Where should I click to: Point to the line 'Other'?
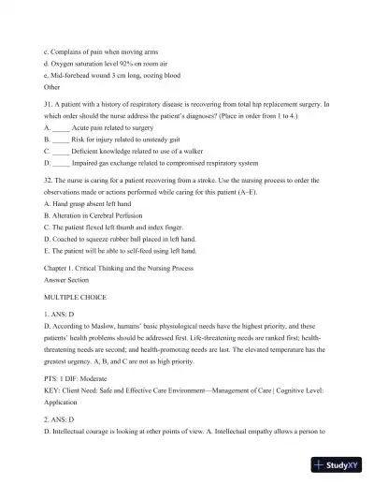click(x=52, y=86)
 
